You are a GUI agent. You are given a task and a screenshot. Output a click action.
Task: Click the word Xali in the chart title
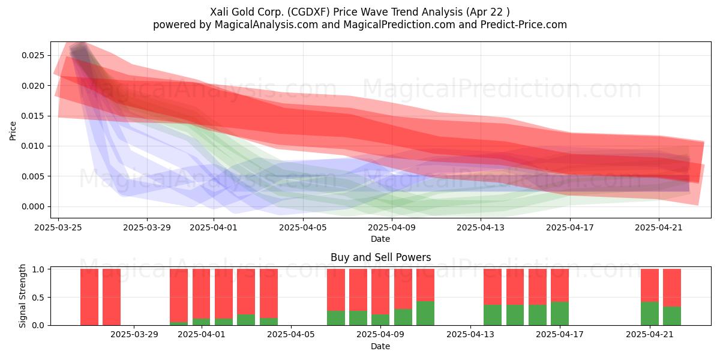(219, 12)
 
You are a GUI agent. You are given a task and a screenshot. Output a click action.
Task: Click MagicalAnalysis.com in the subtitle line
(266, 25)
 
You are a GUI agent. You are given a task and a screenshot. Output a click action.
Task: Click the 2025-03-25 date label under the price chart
(58, 227)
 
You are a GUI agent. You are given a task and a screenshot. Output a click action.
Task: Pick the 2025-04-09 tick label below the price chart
(392, 227)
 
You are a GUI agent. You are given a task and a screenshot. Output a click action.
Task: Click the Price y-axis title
(13, 131)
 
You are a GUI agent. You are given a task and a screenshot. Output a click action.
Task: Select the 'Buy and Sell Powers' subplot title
(380, 257)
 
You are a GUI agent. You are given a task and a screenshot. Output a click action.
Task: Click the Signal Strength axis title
(22, 296)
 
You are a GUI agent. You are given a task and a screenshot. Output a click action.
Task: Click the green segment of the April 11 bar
(425, 313)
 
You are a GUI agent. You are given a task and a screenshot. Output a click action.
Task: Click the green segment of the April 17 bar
(560, 314)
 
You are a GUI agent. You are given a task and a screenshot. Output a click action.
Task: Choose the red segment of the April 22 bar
(672, 288)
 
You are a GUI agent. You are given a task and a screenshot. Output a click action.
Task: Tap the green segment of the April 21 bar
(650, 314)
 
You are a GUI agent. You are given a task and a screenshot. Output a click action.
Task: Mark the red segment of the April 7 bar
(336, 290)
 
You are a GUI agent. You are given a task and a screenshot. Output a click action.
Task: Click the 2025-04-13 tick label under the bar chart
(470, 335)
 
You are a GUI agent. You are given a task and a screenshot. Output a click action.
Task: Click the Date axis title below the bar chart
(380, 346)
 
